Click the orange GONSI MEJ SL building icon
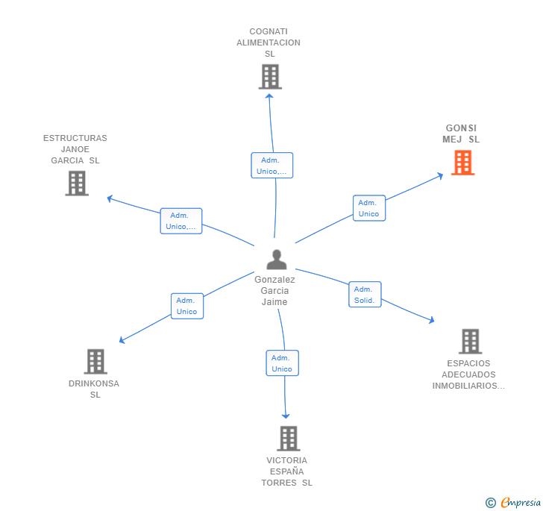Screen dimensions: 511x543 point(462,163)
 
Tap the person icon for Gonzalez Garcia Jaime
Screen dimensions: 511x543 point(276,260)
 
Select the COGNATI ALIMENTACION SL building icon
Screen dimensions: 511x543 point(270,76)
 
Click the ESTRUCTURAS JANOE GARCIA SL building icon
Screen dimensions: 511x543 point(77,183)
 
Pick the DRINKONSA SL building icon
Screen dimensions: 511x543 point(95,361)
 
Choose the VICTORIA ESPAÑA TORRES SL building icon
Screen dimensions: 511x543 point(288,438)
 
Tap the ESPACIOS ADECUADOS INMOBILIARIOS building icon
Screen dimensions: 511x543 point(470,341)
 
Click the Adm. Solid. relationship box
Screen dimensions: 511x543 point(365,295)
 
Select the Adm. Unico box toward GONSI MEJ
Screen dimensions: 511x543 point(368,208)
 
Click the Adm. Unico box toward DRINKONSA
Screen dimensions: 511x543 point(186,306)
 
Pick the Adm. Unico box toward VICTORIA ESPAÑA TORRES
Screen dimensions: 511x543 point(282,363)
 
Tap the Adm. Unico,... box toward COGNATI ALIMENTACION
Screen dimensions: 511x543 point(271,166)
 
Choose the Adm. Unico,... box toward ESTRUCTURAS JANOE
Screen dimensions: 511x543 point(181,221)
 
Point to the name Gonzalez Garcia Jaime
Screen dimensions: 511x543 point(274,291)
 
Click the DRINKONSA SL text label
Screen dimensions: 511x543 point(94,389)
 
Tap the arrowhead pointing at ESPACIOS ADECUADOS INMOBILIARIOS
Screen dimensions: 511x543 point(431,320)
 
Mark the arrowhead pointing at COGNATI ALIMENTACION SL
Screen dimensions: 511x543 point(269,95)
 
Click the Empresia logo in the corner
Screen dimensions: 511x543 point(521,502)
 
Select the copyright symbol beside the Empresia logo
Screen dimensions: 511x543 point(491,503)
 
